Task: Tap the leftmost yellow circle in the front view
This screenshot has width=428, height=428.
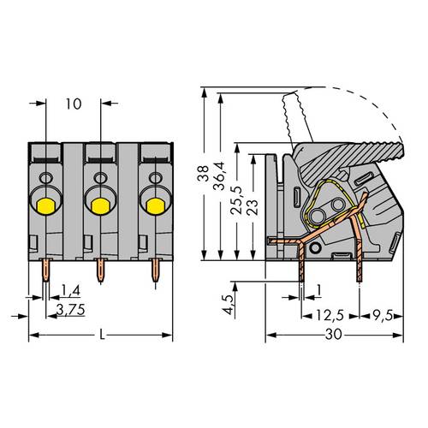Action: (45, 205)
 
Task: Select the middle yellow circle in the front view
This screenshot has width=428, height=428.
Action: (100, 205)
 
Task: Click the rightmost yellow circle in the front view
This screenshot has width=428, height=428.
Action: (155, 205)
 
